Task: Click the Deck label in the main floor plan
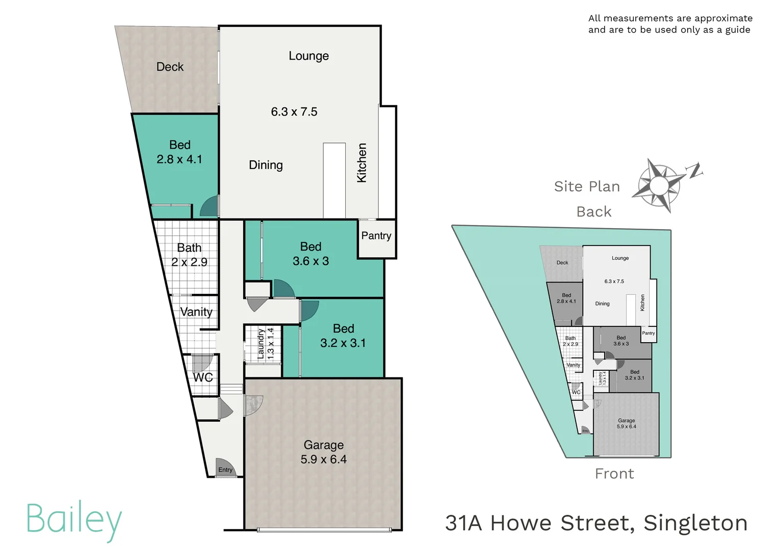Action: pos(170,67)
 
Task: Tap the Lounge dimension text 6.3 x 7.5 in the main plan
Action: pos(294,112)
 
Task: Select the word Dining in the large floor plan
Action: pos(266,165)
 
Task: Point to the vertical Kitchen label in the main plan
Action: pos(362,162)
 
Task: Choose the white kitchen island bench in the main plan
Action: pos(334,180)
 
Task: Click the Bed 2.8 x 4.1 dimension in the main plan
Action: pos(179,159)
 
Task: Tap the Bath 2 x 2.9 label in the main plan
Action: pos(189,255)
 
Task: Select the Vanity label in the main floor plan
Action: pos(196,312)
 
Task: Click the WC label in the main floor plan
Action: pos(203,377)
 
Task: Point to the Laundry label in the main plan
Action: pos(261,344)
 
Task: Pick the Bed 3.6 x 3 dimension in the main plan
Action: pos(310,261)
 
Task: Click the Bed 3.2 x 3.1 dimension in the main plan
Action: pos(343,343)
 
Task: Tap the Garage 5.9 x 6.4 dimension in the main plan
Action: pos(324,459)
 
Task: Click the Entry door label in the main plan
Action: pos(225,470)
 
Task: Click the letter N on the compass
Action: pos(695,171)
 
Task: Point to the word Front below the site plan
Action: pos(615,474)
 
